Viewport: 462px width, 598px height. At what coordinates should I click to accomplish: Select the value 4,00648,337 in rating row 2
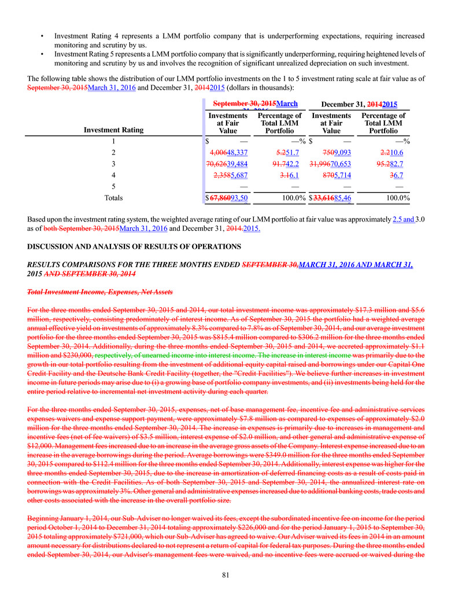229,153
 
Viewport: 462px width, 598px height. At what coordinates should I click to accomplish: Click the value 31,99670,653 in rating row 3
330,164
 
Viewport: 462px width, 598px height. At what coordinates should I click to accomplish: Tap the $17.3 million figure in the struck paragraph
362,310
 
